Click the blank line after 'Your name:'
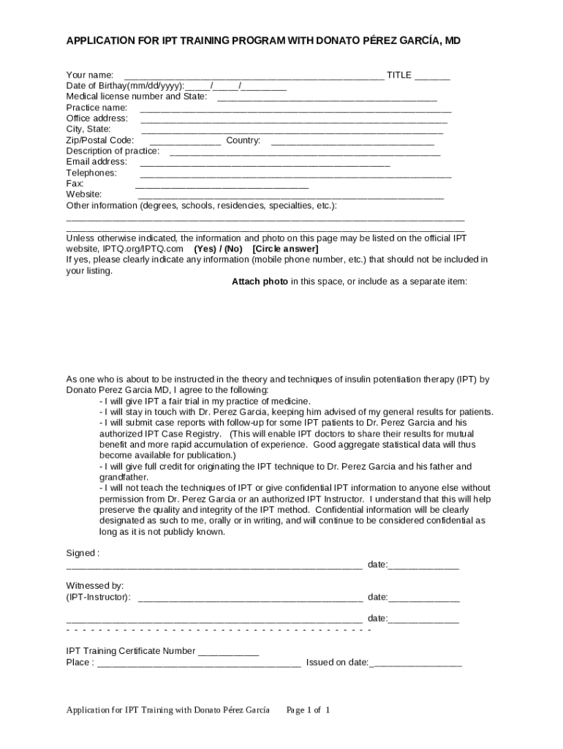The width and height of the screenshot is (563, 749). tap(254, 76)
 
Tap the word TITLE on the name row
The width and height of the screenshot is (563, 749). tap(399, 75)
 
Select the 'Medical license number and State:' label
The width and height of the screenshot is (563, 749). tap(137, 97)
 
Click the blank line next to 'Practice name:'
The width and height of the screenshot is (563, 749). tap(295, 109)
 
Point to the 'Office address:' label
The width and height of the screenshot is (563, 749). tap(97, 118)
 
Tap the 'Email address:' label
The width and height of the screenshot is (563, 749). tap(97, 162)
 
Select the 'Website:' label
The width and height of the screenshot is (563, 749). tap(84, 195)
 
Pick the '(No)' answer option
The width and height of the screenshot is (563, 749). tap(233, 249)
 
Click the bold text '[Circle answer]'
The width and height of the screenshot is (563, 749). tap(285, 249)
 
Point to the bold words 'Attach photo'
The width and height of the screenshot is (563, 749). tap(260, 282)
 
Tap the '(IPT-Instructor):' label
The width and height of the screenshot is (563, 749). tap(99, 598)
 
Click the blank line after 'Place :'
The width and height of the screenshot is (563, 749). tap(198, 665)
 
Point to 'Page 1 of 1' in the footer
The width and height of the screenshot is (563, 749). tap(309, 710)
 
